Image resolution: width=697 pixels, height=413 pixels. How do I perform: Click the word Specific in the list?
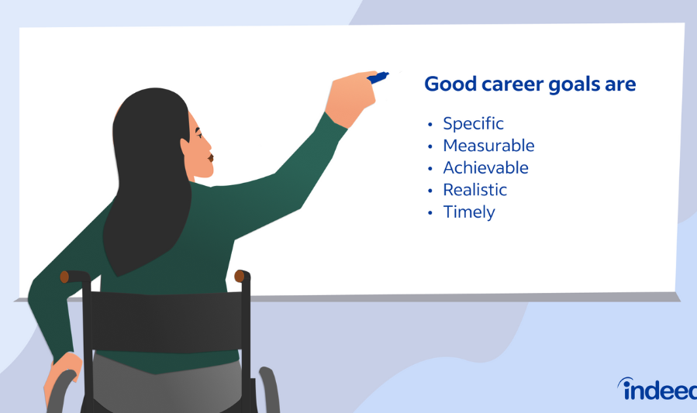473,123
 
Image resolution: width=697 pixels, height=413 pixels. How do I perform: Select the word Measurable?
488,146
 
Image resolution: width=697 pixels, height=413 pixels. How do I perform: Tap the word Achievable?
485,167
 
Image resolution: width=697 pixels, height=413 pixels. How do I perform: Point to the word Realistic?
474,190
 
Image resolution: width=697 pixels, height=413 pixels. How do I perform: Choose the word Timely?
468,212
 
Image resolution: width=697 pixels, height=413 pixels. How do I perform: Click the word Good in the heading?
448,84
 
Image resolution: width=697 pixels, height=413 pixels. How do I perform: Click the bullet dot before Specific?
429,124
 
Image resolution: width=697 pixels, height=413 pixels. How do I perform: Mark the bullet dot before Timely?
429,213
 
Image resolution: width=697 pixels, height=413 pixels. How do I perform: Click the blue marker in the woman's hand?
378,77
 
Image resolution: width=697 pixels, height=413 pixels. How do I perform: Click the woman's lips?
210,160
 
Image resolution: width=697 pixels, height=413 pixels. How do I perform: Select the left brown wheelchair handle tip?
65,276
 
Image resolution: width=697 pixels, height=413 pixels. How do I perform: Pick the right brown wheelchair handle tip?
240,276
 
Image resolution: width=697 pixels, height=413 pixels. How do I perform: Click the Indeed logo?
657,389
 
